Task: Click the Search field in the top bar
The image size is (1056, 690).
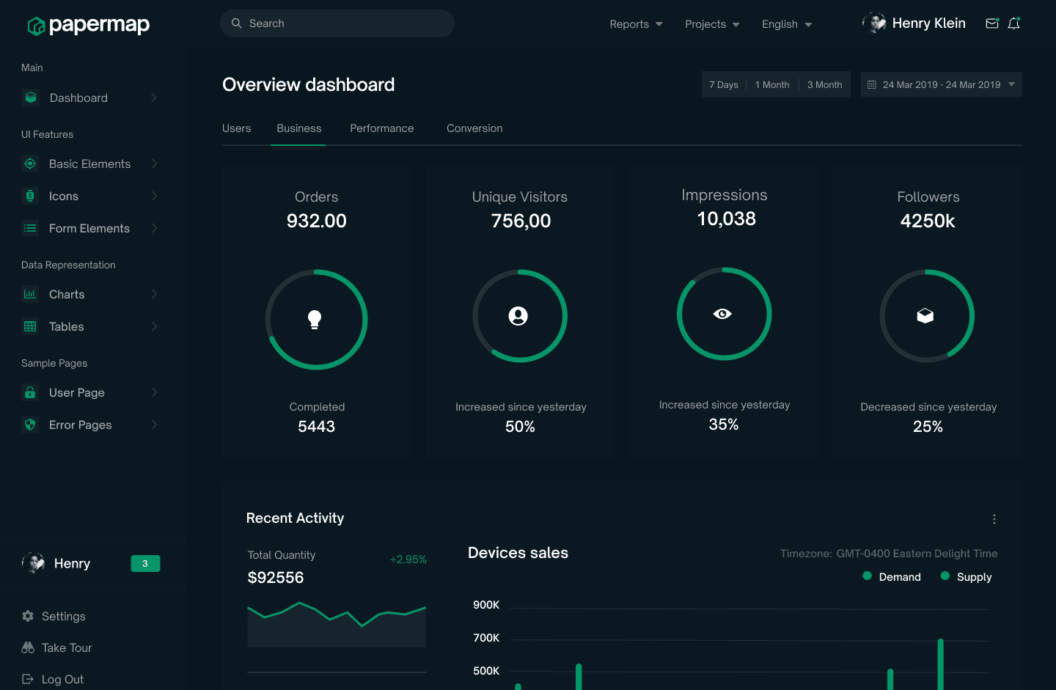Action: pos(337,23)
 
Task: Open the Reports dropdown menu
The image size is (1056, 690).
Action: pos(636,24)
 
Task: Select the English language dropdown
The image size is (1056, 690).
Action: pos(787,24)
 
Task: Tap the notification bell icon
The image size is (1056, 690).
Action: pos(1013,23)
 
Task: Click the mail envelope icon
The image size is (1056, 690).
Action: pos(992,23)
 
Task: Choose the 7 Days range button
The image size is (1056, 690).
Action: pos(724,85)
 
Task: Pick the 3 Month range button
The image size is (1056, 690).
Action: pos(824,85)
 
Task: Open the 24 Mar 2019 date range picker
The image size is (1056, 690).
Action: pos(942,85)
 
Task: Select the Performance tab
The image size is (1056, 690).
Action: pos(382,128)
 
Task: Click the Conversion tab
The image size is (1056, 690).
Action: pos(474,128)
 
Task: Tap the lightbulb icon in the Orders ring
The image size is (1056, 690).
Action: pos(315,319)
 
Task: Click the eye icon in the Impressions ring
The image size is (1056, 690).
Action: pos(722,314)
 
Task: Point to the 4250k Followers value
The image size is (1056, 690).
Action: pos(927,221)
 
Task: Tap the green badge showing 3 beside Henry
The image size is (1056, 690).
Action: pos(145,564)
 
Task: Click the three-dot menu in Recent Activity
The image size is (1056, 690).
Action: pos(994,519)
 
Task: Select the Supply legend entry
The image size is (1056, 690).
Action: pos(966,577)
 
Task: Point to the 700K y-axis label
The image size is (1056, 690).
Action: pos(486,638)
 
